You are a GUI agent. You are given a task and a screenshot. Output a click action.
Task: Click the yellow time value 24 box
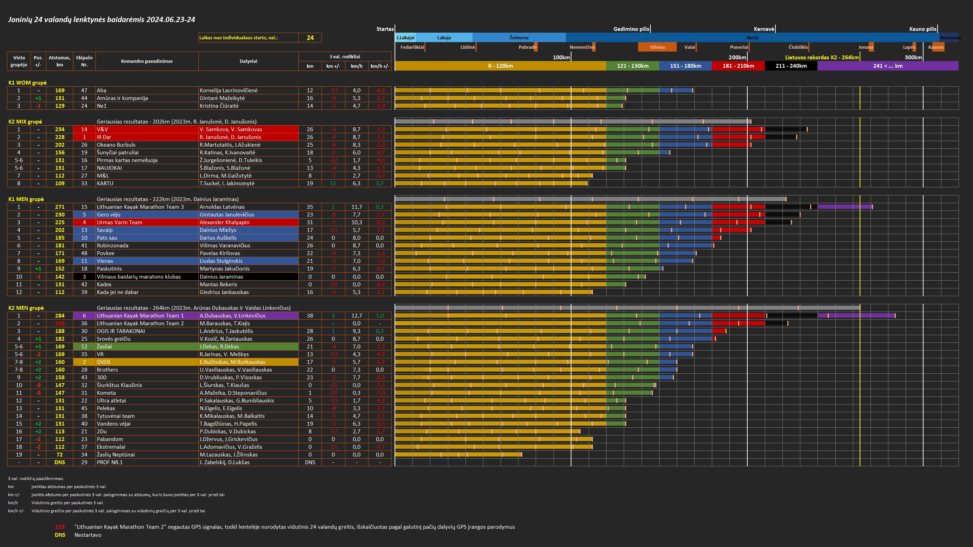[310, 38]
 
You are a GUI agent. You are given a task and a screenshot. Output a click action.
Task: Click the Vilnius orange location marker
[657, 47]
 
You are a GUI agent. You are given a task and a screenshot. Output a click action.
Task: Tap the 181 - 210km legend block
[738, 66]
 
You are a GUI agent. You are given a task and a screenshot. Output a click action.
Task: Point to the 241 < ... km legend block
[888, 66]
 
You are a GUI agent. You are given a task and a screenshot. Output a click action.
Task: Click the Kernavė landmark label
[764, 29]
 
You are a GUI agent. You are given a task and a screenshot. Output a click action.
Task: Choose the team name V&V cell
[147, 129]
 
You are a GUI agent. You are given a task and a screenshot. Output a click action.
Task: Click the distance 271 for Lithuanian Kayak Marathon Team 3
[60, 207]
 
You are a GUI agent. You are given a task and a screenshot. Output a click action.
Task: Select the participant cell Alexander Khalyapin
[248, 222]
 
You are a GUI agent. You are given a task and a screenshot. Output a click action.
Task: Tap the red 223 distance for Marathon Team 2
[60, 323]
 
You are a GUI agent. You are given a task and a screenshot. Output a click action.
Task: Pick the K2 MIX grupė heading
[25, 121]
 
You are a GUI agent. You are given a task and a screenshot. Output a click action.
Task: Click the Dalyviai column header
[248, 61]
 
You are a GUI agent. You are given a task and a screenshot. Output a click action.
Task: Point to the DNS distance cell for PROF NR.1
[60, 462]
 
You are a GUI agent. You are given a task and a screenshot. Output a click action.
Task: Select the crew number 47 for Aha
[84, 91]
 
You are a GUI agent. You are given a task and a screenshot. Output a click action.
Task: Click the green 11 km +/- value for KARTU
[333, 184]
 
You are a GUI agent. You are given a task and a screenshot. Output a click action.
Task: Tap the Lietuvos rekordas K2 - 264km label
[821, 58]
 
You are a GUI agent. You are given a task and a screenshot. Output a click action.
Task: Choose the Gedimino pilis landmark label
[631, 29]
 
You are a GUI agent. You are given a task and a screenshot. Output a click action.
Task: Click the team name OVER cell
[147, 362]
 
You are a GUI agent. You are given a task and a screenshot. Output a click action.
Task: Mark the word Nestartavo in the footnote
[88, 535]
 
